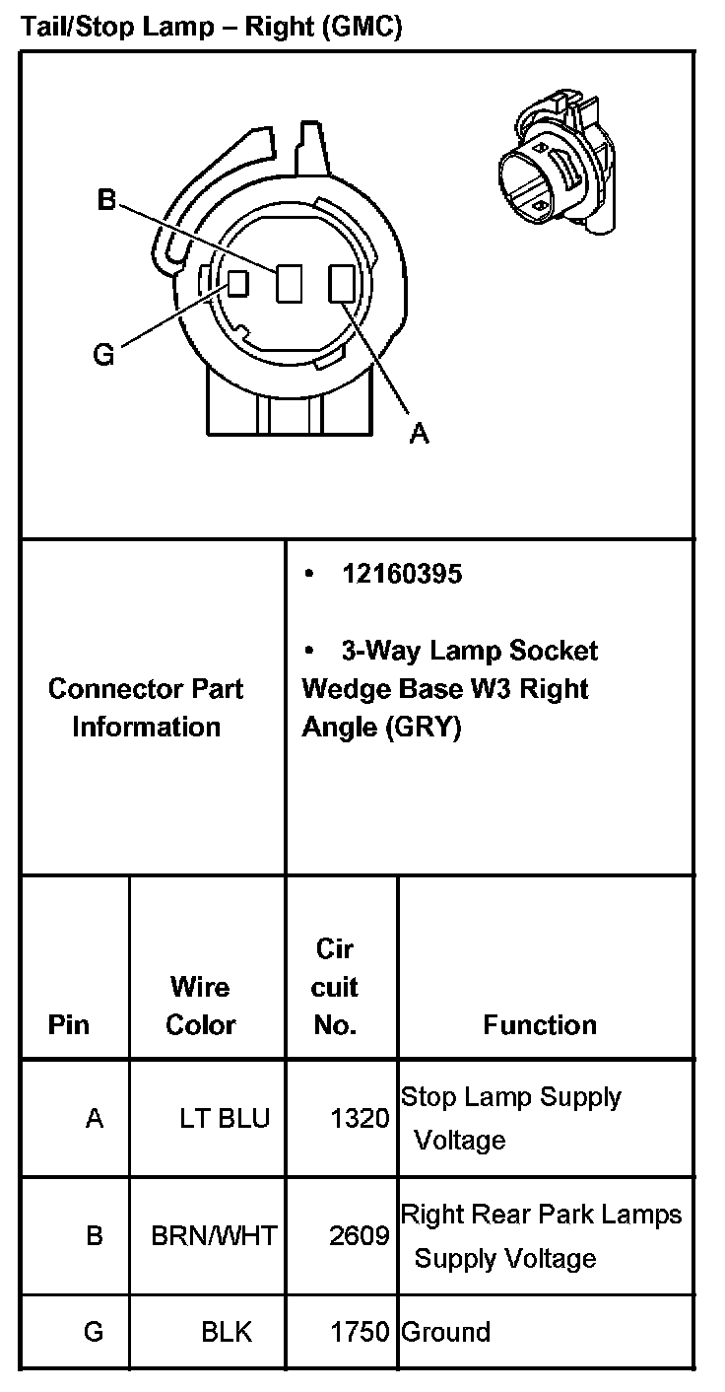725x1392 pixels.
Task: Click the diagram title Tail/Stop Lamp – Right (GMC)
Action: pyautogui.click(x=212, y=27)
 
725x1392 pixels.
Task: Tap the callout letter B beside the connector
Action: pyautogui.click(x=106, y=201)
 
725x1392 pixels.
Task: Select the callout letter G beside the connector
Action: pyautogui.click(x=103, y=354)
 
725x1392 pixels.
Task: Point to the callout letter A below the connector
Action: pyautogui.click(x=419, y=433)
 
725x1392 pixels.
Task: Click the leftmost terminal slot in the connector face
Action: pyautogui.click(x=237, y=284)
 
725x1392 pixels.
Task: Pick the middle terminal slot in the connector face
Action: pyautogui.click(x=290, y=284)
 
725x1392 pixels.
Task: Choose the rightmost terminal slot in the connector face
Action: pyautogui.click(x=341, y=284)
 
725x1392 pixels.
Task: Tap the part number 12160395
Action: pyautogui.click(x=402, y=574)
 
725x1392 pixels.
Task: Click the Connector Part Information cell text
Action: pyautogui.click(x=146, y=708)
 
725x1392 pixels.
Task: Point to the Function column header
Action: pyautogui.click(x=540, y=1025)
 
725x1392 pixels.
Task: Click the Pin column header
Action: pyautogui.click(x=68, y=1025)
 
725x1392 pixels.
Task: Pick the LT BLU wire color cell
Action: pyautogui.click(x=224, y=1119)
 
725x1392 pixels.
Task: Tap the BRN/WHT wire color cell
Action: pyautogui.click(x=214, y=1235)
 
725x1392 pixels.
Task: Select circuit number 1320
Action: pyautogui.click(x=360, y=1119)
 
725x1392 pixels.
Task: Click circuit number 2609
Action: pyautogui.click(x=360, y=1235)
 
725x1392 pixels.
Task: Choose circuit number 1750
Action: pyautogui.click(x=360, y=1332)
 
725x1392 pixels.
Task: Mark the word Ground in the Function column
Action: pyautogui.click(x=445, y=1332)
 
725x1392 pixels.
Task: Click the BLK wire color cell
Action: pyautogui.click(x=227, y=1332)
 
